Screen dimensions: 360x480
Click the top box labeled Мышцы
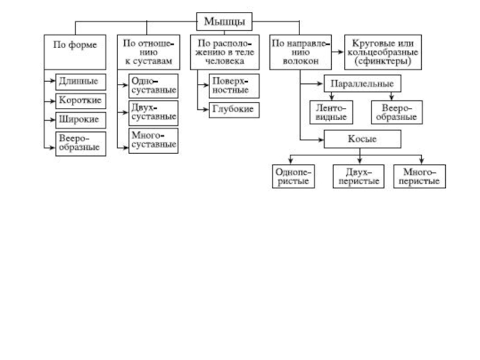(x=224, y=22)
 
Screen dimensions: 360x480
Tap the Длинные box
(x=79, y=81)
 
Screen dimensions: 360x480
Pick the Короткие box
(x=79, y=100)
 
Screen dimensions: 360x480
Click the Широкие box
(x=79, y=119)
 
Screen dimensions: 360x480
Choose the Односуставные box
(x=153, y=86)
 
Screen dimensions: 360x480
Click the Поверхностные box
(x=234, y=86)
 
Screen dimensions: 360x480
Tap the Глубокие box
(x=234, y=110)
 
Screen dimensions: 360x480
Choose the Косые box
(x=362, y=139)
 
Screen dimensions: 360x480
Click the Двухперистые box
(x=358, y=176)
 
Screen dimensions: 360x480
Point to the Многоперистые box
(x=419, y=176)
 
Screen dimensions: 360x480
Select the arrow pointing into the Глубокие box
(x=205, y=110)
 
